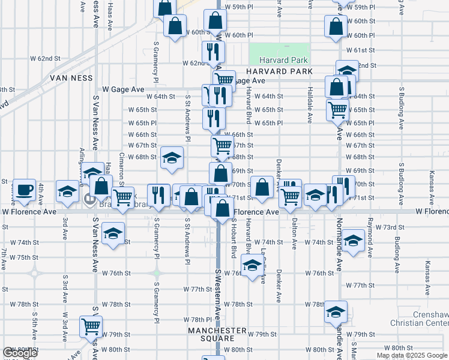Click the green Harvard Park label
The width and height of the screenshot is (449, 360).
(283, 60)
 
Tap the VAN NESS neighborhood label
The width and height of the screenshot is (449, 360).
(71, 78)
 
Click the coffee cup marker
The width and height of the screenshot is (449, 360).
(24, 190)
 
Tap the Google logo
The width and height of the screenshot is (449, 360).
(19, 353)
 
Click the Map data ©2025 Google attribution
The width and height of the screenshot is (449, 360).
(412, 355)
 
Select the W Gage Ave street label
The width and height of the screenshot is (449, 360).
(123, 89)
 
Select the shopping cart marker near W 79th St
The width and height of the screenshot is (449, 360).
(91, 326)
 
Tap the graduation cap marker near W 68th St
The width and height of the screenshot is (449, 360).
(172, 158)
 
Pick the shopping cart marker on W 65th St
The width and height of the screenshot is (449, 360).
(338, 109)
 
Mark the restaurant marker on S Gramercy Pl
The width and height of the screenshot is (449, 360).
(158, 193)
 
